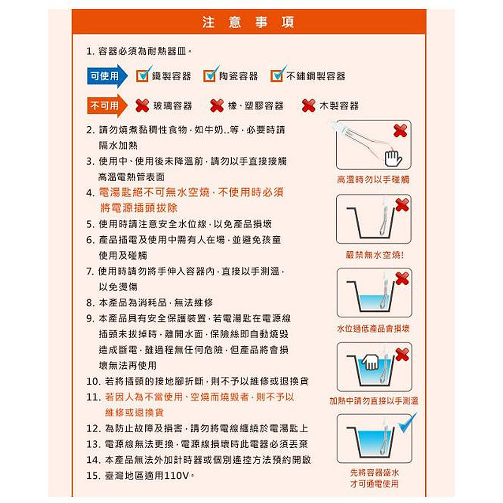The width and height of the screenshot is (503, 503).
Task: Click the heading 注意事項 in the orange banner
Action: point(248,22)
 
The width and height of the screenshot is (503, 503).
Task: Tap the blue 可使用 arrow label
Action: point(107,76)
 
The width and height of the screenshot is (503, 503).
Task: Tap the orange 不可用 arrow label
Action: point(107,106)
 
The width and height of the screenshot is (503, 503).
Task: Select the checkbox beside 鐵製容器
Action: point(143,75)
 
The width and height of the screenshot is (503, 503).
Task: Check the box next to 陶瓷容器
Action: point(210,75)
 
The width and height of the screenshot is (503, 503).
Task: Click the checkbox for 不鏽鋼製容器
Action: point(278,75)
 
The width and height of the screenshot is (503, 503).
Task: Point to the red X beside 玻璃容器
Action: point(142,106)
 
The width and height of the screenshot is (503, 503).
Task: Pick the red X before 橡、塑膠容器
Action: point(217,106)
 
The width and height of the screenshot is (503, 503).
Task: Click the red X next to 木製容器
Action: point(309,106)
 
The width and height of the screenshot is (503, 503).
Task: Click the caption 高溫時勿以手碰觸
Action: point(373,180)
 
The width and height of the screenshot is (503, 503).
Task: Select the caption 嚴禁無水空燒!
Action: point(375,255)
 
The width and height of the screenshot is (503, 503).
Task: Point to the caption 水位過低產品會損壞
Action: point(373,328)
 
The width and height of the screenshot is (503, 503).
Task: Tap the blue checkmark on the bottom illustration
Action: point(408,423)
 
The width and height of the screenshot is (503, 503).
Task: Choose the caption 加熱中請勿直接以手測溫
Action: point(374,401)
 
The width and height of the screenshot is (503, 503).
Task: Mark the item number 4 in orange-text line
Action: point(90,193)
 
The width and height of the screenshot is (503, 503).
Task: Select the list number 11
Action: point(94,397)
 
